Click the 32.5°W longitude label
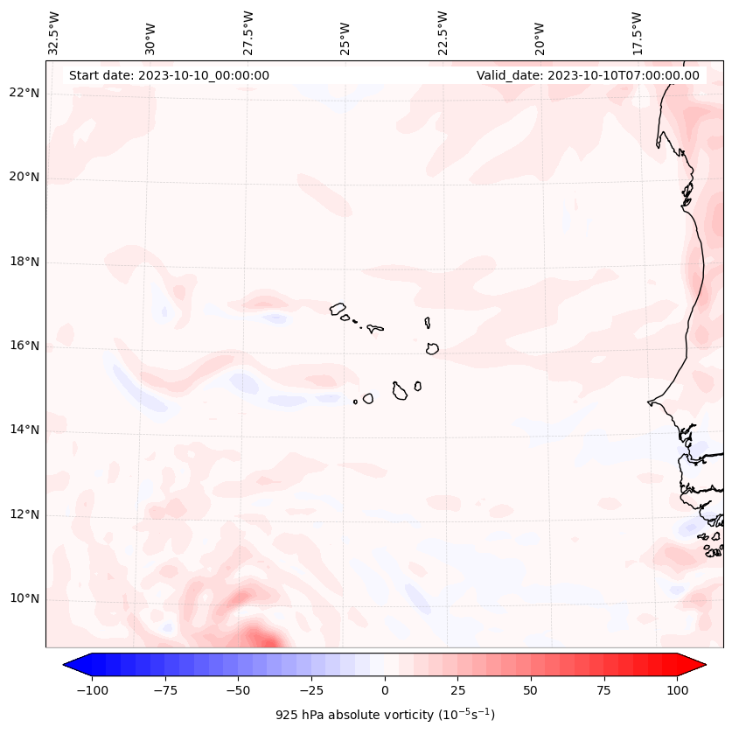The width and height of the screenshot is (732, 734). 54,32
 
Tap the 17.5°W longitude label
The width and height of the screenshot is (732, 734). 637,32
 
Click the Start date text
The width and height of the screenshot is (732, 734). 169,75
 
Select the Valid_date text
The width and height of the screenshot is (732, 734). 588,75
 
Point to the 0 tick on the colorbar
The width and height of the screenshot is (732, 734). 385,690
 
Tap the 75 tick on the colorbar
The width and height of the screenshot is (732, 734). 603,690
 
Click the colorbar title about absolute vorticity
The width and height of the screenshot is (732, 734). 385,715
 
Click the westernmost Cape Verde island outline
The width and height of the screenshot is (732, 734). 338,308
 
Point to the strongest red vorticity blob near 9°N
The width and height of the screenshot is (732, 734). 260,638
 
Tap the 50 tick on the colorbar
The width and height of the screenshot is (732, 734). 531,690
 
